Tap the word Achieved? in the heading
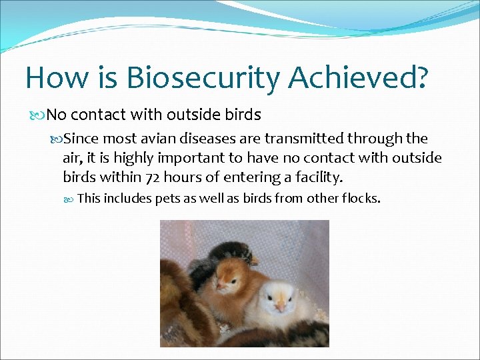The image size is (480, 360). coord(358,77)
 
